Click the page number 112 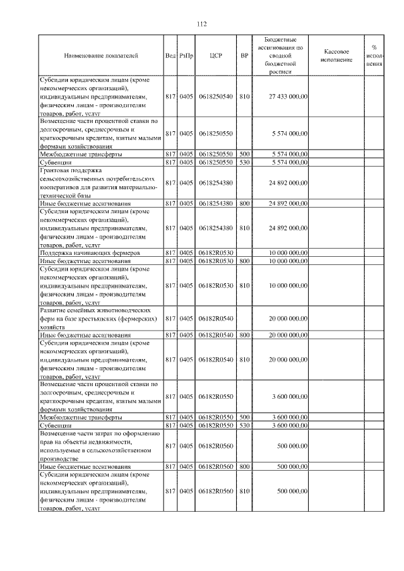pos(201,25)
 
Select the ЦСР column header pos(215,56)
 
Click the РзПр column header pos(186,56)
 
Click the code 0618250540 pos(215,97)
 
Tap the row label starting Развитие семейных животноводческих pos(95,310)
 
